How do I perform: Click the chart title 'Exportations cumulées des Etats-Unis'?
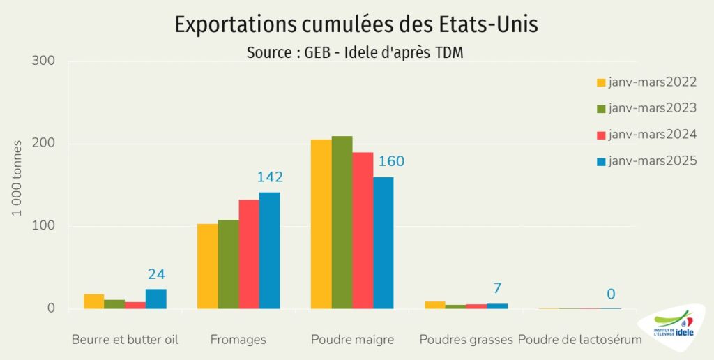tap(356, 24)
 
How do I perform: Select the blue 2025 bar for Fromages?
tap(269, 250)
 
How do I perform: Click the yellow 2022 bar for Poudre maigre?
tap(321, 224)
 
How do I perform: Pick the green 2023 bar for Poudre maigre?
tap(342, 223)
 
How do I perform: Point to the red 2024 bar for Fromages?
tap(249, 254)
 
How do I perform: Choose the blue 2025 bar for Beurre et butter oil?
tap(156, 299)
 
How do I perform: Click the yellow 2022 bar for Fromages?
tap(208, 266)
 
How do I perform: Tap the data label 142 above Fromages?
tap(270, 177)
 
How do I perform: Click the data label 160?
tap(391, 162)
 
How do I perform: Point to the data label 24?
tap(156, 274)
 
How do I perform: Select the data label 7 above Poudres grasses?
tap(497, 288)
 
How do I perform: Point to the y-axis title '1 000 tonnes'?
tap(17, 178)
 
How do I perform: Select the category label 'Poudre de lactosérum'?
tap(580, 340)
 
